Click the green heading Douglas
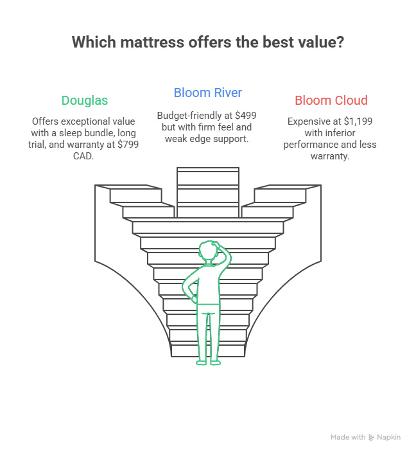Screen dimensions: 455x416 click(85, 100)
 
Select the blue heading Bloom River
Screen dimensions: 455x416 click(207, 93)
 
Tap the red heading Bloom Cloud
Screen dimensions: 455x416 click(331, 100)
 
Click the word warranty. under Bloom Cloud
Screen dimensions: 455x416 click(331, 156)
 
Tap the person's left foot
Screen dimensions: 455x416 click(201, 362)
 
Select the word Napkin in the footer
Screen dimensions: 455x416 click(389, 437)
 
